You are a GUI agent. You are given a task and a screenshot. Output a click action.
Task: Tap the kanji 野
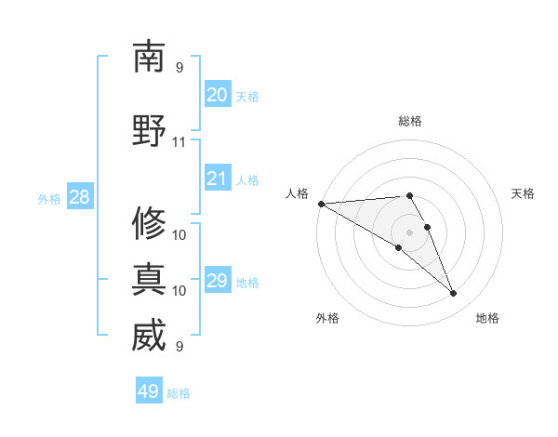coord(149,130)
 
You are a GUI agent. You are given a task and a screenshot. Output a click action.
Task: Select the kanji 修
coord(149,223)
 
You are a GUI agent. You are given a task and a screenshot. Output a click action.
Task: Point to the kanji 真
coord(149,279)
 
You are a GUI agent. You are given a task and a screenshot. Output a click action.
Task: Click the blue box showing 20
coord(217,95)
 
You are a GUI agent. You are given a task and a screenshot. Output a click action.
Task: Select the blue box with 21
coord(217,179)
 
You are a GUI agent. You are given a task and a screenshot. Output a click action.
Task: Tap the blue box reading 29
coord(217,281)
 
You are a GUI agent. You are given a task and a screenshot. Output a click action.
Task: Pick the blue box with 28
coord(79,197)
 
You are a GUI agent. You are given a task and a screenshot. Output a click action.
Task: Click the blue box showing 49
coord(148,391)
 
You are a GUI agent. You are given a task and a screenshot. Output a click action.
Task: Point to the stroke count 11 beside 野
coord(179,142)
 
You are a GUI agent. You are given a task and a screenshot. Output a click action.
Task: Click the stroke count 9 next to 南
coord(179,67)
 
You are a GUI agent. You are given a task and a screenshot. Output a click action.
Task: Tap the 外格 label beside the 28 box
coord(49,198)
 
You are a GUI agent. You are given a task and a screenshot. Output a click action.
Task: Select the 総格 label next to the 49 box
coord(179,393)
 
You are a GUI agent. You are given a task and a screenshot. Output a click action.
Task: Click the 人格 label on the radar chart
coord(297,192)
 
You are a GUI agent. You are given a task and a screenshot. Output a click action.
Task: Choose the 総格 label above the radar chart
coord(410,121)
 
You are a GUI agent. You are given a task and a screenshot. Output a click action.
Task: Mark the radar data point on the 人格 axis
coord(321,204)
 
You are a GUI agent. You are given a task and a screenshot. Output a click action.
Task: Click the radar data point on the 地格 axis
coord(453,293)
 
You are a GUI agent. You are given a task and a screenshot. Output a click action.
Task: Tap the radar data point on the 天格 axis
coord(427,227)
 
